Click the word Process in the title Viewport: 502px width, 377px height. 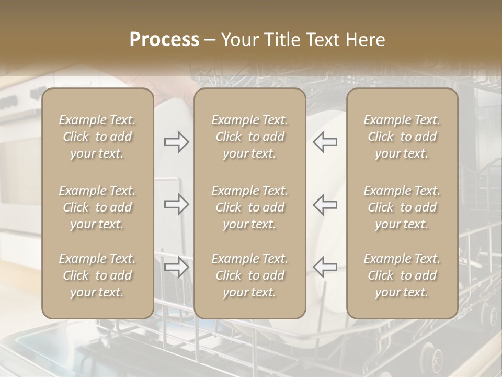(164, 40)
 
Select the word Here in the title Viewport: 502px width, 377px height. (365, 40)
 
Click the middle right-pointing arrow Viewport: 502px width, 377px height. (176, 204)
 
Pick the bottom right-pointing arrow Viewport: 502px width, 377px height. (176, 267)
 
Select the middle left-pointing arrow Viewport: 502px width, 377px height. (325, 204)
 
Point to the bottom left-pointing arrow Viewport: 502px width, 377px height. (325, 267)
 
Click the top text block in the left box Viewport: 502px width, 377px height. (97, 137)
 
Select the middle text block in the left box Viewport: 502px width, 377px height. (97, 207)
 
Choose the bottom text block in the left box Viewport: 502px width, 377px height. (97, 275)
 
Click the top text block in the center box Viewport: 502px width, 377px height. (249, 137)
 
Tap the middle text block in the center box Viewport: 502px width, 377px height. (249, 207)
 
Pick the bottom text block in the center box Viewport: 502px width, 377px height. (249, 275)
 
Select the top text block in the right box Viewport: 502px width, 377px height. (402, 137)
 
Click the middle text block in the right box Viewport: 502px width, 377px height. (402, 207)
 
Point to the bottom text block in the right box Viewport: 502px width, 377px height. (402, 275)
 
